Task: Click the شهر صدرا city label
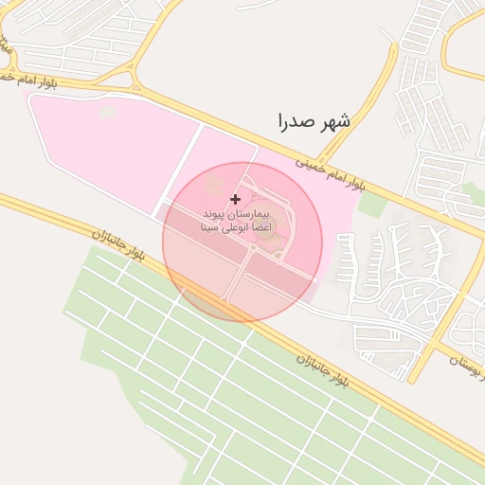coord(314,121)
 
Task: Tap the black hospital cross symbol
coord(235,200)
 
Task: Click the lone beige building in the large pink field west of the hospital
coord(106,113)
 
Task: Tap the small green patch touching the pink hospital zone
coord(373,204)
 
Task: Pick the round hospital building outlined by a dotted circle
coord(269,220)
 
